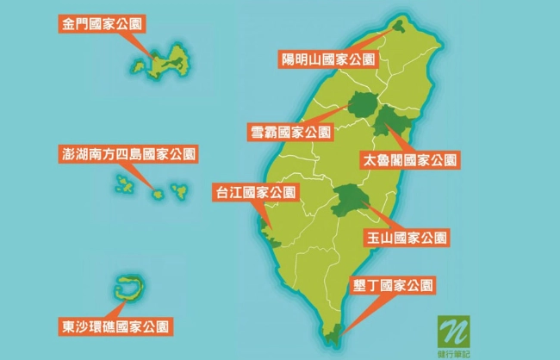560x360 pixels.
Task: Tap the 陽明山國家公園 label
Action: tap(328, 59)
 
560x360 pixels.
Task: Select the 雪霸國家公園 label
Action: tap(289, 132)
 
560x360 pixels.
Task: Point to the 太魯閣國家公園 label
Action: tap(410, 159)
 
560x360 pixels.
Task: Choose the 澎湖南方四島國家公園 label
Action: tap(129, 155)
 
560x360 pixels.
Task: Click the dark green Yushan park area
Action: tap(350, 201)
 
